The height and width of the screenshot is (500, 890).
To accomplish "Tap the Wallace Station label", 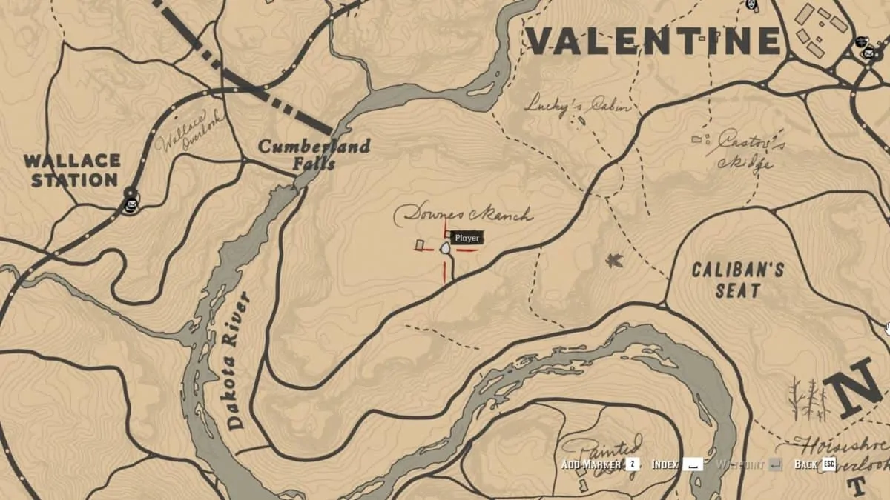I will (x=71, y=170).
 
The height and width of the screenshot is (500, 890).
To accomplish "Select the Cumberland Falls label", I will (x=314, y=154).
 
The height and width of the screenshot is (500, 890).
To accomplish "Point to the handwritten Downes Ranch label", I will (x=463, y=216).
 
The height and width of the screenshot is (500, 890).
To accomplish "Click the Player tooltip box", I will (x=467, y=238).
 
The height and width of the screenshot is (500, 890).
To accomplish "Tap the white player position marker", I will (x=445, y=249).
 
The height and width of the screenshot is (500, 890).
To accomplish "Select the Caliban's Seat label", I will (x=737, y=279).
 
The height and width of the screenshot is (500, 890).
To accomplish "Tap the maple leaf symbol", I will (x=614, y=260).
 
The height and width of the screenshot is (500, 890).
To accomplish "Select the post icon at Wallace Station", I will (x=132, y=201).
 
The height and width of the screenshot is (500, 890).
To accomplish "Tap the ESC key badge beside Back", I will (x=828, y=464).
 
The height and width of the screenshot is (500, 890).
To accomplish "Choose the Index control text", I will (x=665, y=464).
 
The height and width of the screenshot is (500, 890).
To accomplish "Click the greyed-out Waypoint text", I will (x=739, y=464).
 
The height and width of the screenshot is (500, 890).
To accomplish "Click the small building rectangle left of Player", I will (x=420, y=244).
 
